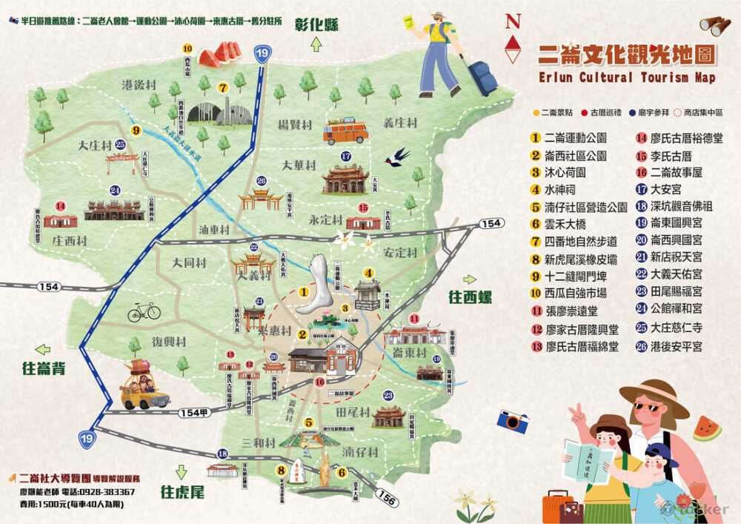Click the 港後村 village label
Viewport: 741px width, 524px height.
coord(139,84)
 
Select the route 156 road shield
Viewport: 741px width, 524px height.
coord(387,500)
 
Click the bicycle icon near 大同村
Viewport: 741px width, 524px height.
coord(144,311)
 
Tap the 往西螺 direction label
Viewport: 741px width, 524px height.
coord(471,297)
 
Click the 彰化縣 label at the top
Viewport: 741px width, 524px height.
coord(316,24)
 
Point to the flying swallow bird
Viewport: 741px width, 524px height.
coord(399,156)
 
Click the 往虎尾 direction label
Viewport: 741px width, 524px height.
coord(182,491)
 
